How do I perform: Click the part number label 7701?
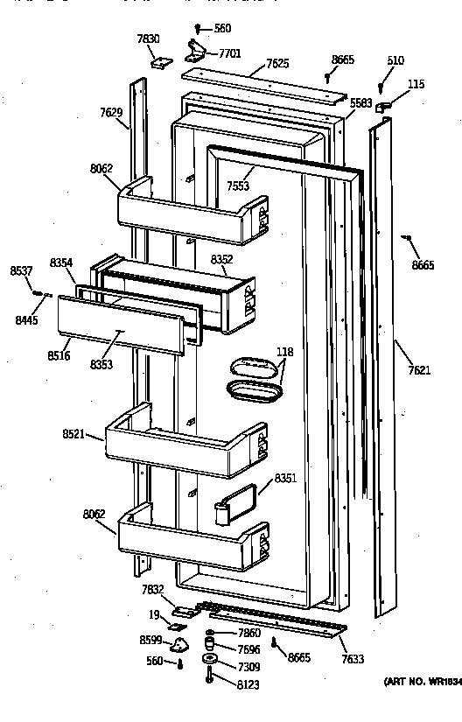pyautogui.click(x=230, y=53)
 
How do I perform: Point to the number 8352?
pyautogui.click(x=222, y=259)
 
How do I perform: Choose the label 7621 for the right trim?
pyautogui.click(x=420, y=370)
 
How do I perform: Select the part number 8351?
pyautogui.click(x=286, y=478)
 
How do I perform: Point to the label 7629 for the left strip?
pyautogui.click(x=111, y=112)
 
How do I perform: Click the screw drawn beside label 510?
pyautogui.click(x=381, y=88)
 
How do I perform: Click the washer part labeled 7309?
pyautogui.click(x=210, y=659)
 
